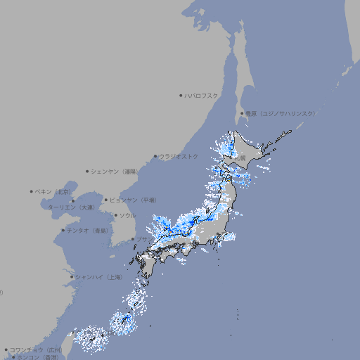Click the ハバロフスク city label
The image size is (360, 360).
(x=202, y=95)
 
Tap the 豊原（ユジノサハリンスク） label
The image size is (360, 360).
(x=280, y=113)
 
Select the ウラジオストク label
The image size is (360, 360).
(x=179, y=156)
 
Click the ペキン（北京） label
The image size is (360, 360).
(x=54, y=191)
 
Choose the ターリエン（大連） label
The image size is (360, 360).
(x=71, y=207)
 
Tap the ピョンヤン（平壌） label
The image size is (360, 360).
(x=133, y=200)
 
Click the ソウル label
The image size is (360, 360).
(x=127, y=215)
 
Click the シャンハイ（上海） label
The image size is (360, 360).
(x=98, y=277)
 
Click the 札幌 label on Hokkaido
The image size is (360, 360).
(x=240, y=159)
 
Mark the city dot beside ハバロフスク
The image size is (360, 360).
(x=181, y=95)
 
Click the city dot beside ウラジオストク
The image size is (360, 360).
(x=155, y=156)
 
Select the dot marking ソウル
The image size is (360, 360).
(x=115, y=215)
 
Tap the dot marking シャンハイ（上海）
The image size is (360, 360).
(x=72, y=277)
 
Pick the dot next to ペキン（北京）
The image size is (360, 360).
(x=32, y=191)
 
